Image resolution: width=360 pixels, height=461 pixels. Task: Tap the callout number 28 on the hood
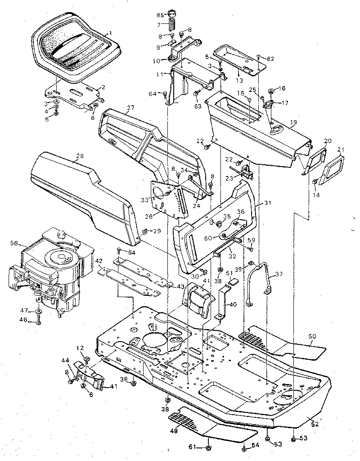80,156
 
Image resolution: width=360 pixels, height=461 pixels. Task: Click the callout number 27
130,108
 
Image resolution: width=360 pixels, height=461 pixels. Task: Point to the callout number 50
312,336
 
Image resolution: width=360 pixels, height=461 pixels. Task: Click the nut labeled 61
209,447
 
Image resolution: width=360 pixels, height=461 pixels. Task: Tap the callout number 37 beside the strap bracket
279,275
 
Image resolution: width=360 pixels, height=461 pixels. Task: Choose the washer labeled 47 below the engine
38,311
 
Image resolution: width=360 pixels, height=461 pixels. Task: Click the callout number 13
239,80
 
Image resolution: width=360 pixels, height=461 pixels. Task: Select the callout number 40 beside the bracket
232,304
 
